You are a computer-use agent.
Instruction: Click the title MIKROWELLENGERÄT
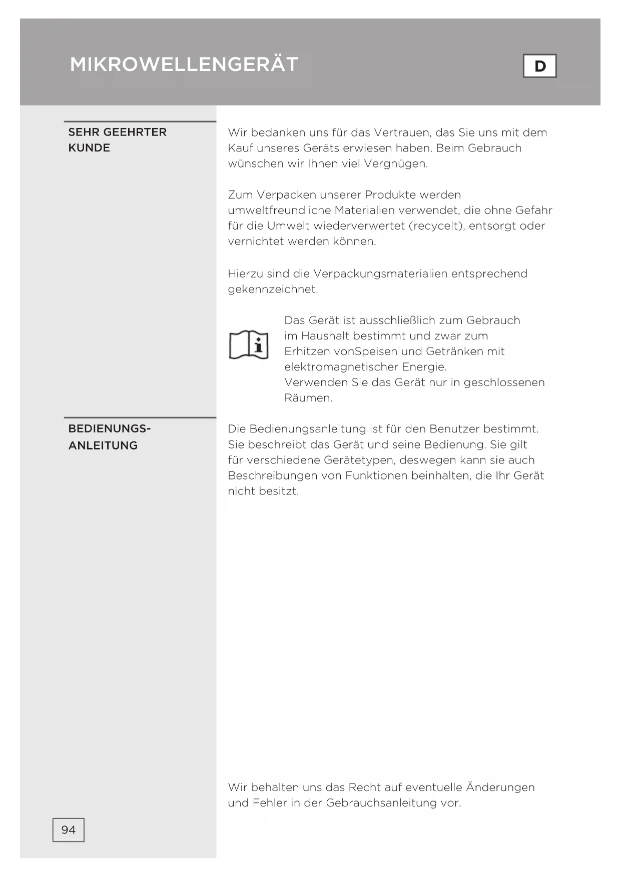tap(184, 64)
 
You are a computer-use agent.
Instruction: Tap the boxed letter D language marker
tap(539, 66)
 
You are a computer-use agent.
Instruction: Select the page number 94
tap(69, 830)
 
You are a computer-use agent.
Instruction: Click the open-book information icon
tap(249, 344)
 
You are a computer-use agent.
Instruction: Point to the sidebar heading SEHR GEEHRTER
tap(118, 132)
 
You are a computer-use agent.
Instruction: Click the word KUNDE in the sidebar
tap(89, 148)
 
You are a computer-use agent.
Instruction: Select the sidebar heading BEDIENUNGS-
tap(110, 429)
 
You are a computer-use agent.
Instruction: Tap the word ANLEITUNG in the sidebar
tap(103, 445)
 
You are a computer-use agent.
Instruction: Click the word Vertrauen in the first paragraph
tap(402, 132)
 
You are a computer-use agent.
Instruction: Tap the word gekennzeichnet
tap(273, 289)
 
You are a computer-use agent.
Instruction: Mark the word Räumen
tap(308, 398)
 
